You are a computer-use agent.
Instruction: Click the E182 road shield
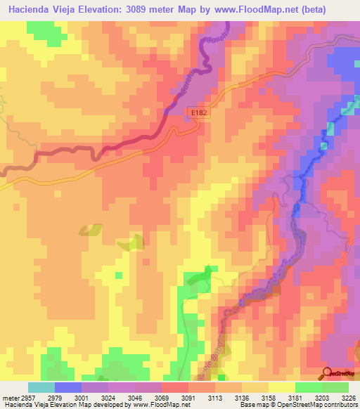pos(199,112)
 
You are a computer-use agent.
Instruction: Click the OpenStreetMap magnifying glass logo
pos(327,372)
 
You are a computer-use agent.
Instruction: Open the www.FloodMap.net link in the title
pos(271,9)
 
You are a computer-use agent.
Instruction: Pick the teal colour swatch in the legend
pos(41,387)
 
